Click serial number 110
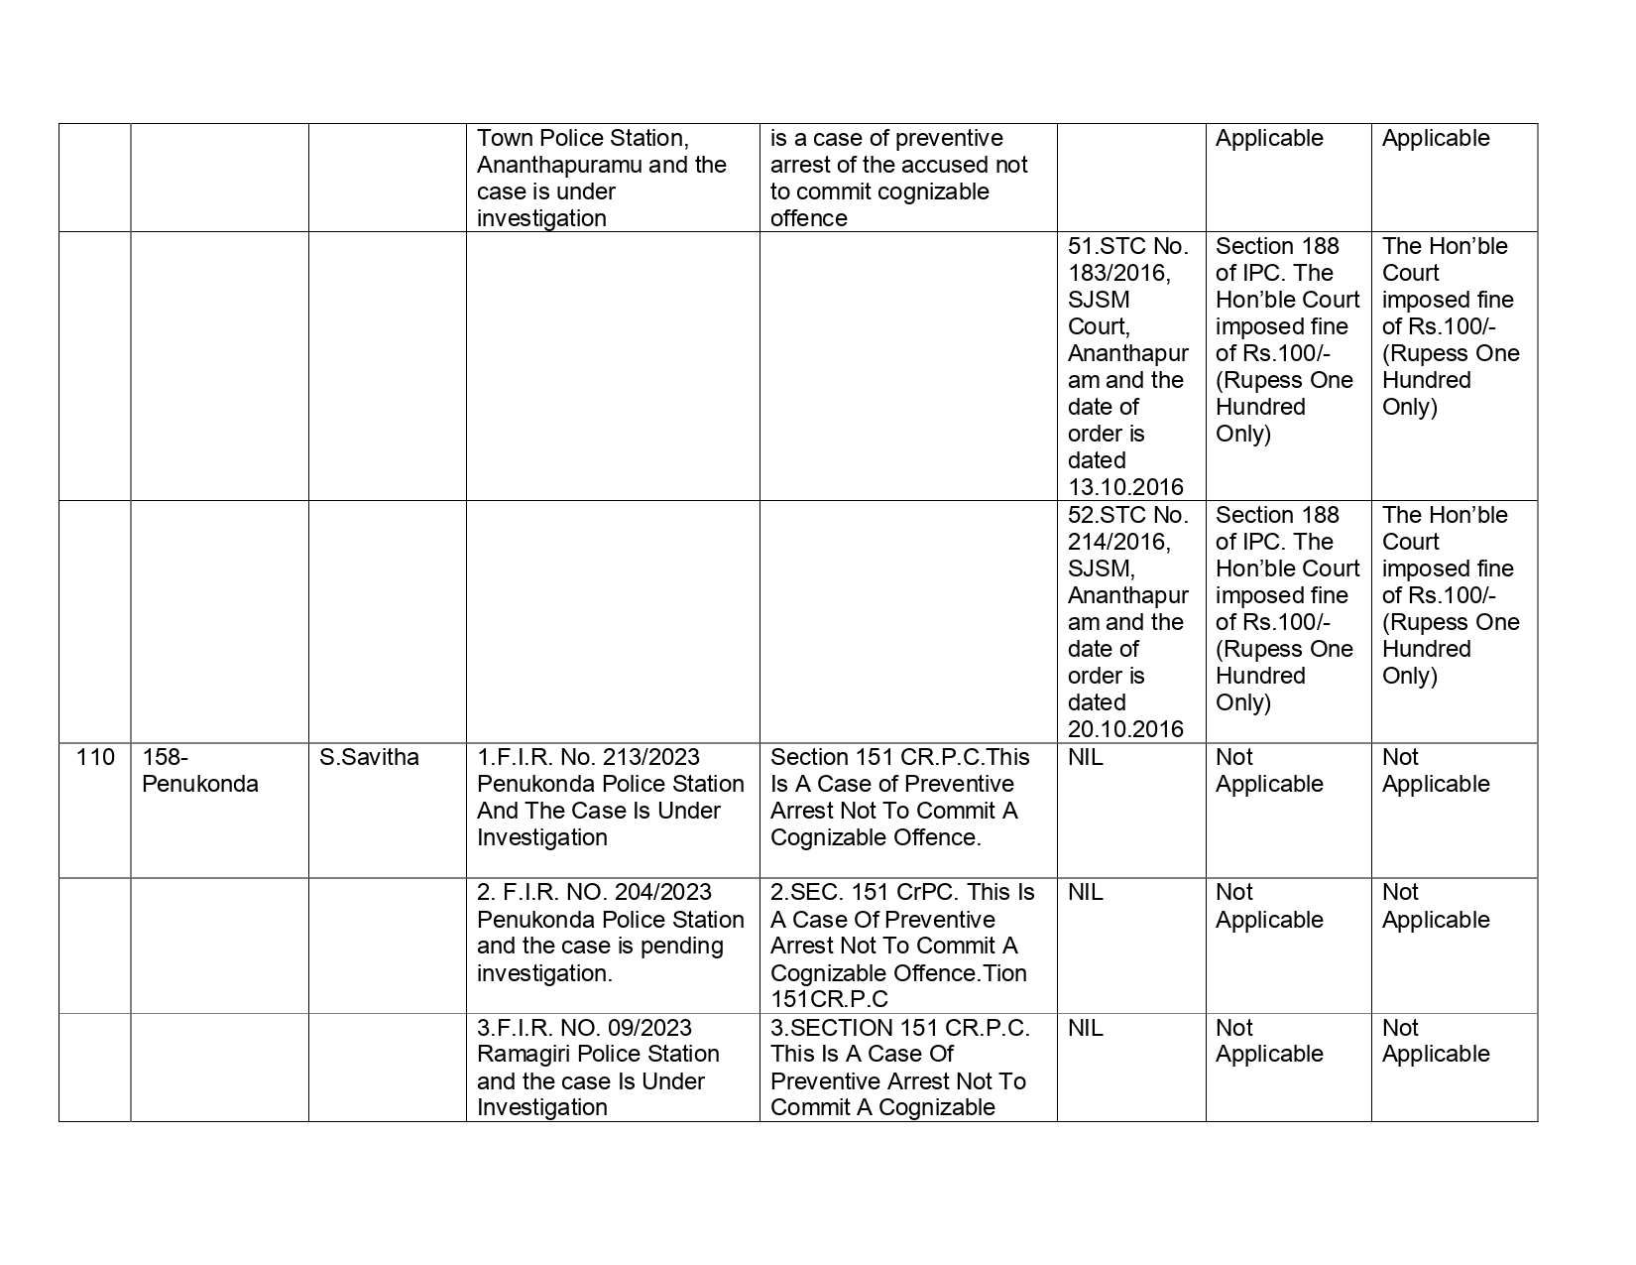point(94,758)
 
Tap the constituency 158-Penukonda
point(199,771)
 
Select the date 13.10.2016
point(1125,487)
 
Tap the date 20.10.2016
point(1125,729)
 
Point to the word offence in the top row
point(808,218)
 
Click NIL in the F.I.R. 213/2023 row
point(1085,758)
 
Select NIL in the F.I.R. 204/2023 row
point(1085,893)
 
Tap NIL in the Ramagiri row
point(1085,1028)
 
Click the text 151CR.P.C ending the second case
point(829,1000)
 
